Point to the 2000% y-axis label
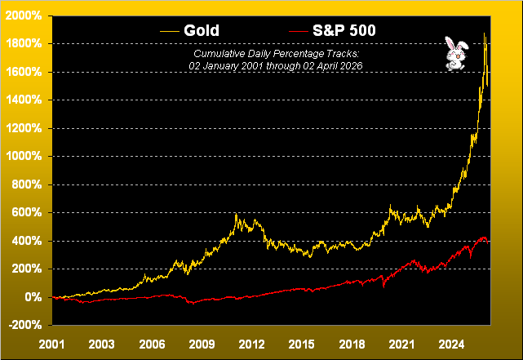tap(25, 16)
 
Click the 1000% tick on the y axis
tap(25, 156)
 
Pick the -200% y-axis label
tap(25, 325)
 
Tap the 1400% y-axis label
tap(25, 100)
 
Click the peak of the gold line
tap(485, 33)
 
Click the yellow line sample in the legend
tap(170, 30)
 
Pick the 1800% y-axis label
tap(25, 43)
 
